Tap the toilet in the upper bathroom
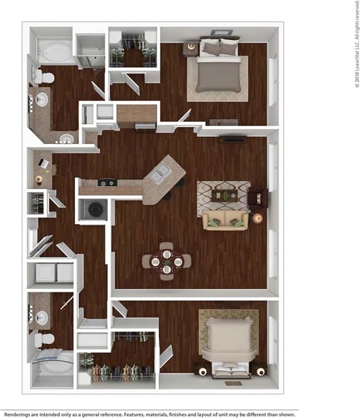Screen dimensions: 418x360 pyautogui.click(x=45, y=76)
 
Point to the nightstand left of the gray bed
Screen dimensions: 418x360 pyautogui.click(x=190, y=49)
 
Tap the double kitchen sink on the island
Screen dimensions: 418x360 pyautogui.click(x=163, y=171)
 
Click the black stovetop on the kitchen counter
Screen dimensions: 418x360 pyautogui.click(x=108, y=183)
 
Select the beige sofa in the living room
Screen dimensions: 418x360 pyautogui.click(x=225, y=221)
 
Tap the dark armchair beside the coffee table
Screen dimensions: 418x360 pyautogui.click(x=258, y=196)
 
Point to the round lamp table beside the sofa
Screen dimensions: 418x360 pyautogui.click(x=258, y=218)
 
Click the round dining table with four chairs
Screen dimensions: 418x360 pyautogui.click(x=166, y=262)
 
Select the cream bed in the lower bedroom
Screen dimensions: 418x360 pyautogui.click(x=227, y=340)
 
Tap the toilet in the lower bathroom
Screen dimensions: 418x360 pyautogui.click(x=46, y=339)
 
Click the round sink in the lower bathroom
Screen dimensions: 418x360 pyautogui.click(x=42, y=317)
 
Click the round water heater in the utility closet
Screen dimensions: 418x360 pyautogui.click(x=93, y=210)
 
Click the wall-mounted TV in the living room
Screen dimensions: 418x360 pyautogui.click(x=233, y=138)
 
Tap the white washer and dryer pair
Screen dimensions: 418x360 pyautogui.click(x=51, y=272)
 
